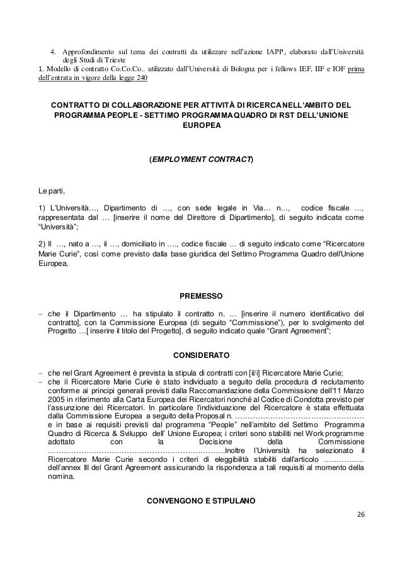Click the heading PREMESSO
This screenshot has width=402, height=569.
click(201, 296)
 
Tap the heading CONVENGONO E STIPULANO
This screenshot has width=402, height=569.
click(201, 502)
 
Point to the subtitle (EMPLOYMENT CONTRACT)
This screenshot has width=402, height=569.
click(201, 160)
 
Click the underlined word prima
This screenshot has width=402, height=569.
click(355, 68)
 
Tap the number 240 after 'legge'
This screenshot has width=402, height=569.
click(136, 78)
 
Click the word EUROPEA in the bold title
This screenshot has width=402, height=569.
click(201, 125)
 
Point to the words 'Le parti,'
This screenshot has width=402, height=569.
click(52, 189)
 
